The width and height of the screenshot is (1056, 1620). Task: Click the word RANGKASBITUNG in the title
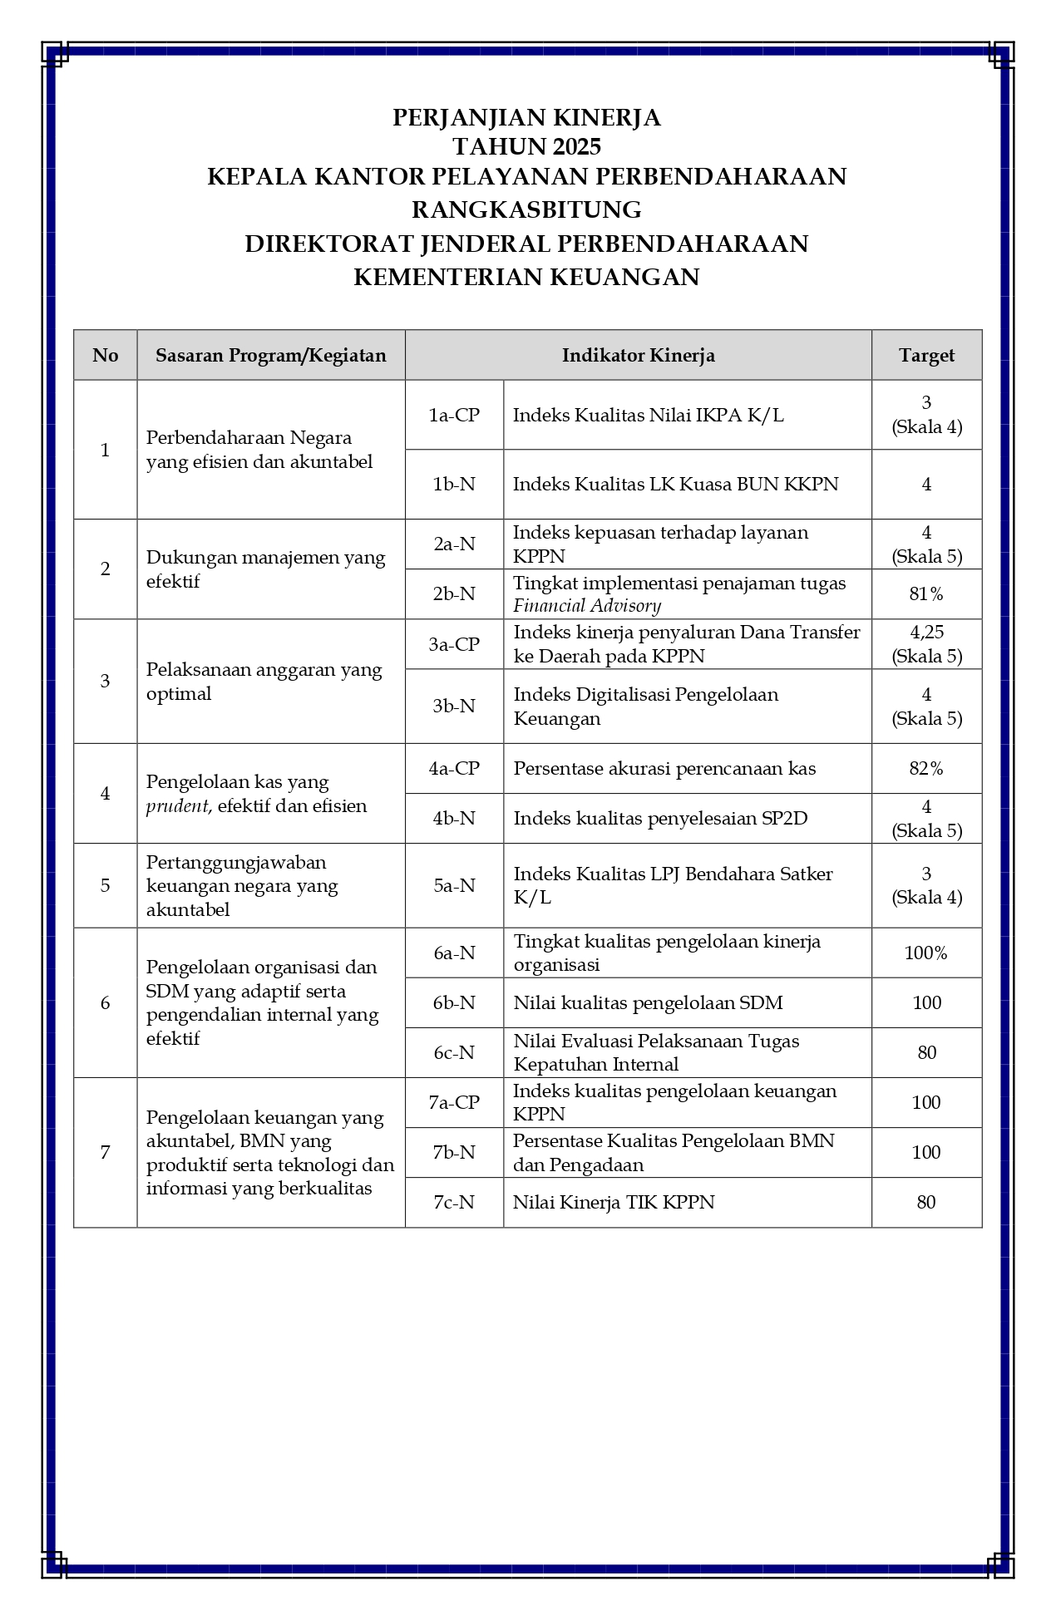(x=526, y=209)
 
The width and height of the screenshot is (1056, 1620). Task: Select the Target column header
(x=926, y=356)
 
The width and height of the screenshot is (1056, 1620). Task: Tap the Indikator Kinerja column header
(x=638, y=356)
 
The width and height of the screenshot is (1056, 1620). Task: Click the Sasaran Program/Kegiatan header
(x=271, y=356)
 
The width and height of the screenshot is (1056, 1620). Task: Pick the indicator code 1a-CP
(x=454, y=415)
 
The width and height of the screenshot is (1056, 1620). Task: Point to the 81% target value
(x=926, y=594)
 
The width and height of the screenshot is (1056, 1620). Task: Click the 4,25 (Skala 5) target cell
(x=926, y=644)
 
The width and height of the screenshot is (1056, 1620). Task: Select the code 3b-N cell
(x=454, y=706)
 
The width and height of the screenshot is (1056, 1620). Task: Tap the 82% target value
(x=926, y=769)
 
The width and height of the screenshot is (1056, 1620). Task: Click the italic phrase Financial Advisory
(x=587, y=606)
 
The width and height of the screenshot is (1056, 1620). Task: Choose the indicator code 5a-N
(x=454, y=885)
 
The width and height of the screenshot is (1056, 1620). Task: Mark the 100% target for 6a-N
(x=926, y=953)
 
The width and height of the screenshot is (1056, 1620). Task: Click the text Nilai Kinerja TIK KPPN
(x=614, y=1202)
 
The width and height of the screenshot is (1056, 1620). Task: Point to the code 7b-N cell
(x=454, y=1152)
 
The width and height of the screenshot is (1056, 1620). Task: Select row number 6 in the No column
(x=105, y=1002)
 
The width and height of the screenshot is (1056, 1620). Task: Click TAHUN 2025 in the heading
(x=526, y=147)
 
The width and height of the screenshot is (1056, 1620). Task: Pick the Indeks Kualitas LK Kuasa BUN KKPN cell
(x=675, y=485)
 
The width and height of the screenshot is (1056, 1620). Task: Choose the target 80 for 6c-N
(x=926, y=1053)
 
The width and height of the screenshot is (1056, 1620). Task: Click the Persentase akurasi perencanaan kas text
(x=664, y=769)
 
